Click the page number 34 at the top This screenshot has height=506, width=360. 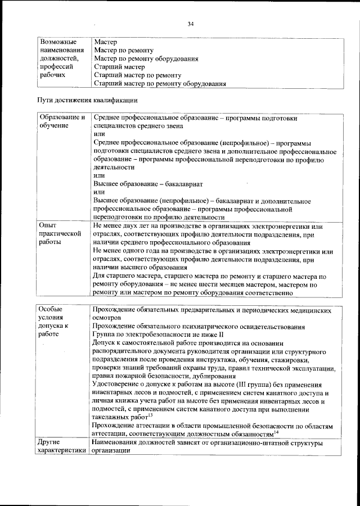click(190, 24)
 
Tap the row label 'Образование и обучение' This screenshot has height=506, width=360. click(61, 122)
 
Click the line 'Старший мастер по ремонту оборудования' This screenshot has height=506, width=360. click(160, 83)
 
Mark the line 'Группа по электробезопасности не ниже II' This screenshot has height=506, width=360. click(150, 334)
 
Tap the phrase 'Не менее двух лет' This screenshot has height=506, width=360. click(121, 224)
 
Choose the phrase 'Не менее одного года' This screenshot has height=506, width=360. click(128, 251)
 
